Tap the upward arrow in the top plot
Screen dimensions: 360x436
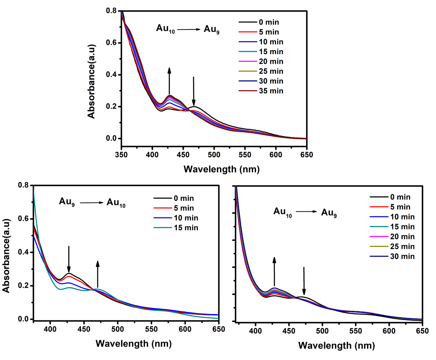[x=170, y=81]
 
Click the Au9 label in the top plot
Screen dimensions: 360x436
[x=212, y=29]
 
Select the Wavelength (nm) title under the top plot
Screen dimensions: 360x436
[x=221, y=168]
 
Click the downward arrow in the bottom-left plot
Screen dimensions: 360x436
[x=69, y=259]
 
